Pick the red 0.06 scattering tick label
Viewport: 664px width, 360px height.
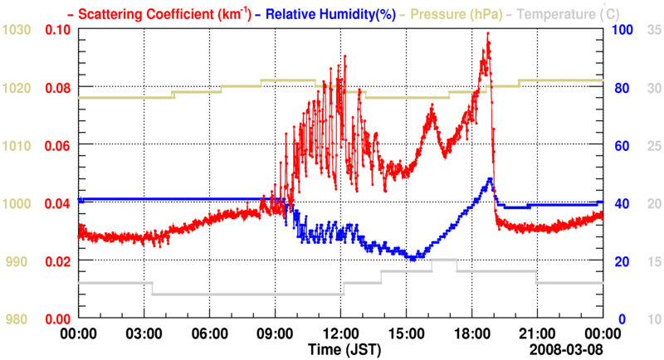[56, 145]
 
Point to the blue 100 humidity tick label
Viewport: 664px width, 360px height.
[622, 30]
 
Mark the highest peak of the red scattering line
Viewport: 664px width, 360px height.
[488, 34]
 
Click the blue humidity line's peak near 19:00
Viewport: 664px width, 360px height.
[491, 178]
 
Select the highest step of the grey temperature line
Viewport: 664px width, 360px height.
[444, 260]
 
